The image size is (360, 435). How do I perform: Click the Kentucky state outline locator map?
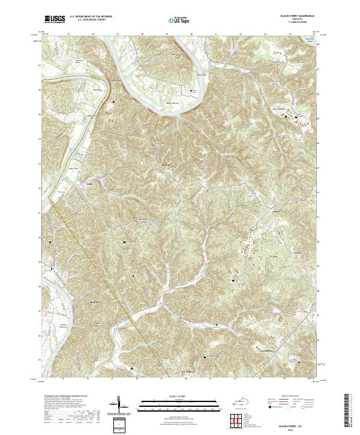pos(244,400)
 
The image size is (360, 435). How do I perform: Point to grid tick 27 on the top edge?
pos(118,34)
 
